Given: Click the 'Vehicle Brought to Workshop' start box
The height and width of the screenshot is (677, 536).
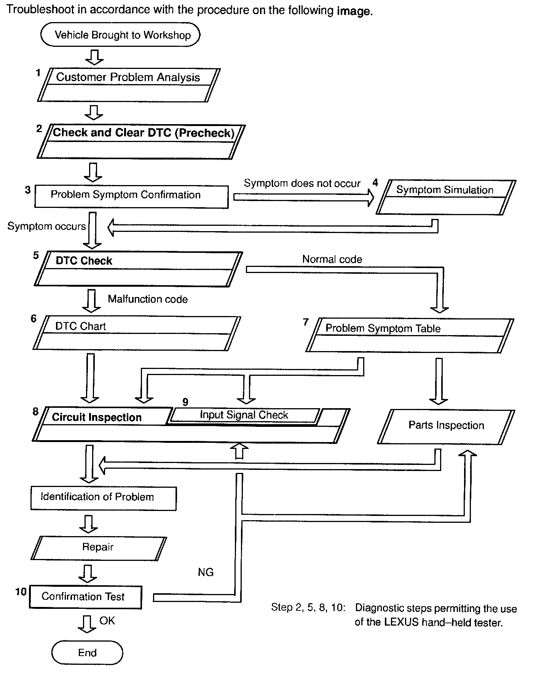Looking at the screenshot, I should pyautogui.click(x=120, y=35).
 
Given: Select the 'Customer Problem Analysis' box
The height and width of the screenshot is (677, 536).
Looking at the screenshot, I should pyautogui.click(x=128, y=85).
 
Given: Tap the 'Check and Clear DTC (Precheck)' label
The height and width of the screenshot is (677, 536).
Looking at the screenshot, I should pyautogui.click(x=144, y=133).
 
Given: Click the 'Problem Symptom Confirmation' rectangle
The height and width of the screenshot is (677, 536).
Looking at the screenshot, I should pyautogui.click(x=131, y=196).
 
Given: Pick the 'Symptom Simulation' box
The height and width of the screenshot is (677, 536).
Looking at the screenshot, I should pyautogui.click(x=445, y=197).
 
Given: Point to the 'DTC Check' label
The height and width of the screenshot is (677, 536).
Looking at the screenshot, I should pyautogui.click(x=84, y=261).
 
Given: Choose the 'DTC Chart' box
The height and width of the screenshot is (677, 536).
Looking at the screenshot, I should pyautogui.click(x=136, y=333).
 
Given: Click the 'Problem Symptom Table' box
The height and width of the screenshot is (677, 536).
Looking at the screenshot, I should pyautogui.click(x=410, y=335).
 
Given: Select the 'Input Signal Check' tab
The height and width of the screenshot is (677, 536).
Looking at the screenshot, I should pyautogui.click(x=244, y=415).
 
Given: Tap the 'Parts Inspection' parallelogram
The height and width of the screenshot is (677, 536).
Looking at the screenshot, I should pyautogui.click(x=446, y=426).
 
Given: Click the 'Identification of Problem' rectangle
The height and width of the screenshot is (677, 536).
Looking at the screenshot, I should pyautogui.click(x=103, y=498).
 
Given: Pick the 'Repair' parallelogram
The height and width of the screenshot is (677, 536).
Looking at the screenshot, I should pyautogui.click(x=98, y=548).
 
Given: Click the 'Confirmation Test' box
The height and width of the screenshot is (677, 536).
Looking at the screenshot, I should pyautogui.click(x=85, y=597).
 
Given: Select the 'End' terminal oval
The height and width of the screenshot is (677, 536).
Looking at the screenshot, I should pyautogui.click(x=87, y=653).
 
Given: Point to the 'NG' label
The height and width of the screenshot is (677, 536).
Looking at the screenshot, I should pyautogui.click(x=206, y=572).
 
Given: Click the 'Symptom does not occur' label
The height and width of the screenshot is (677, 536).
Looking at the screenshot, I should pyautogui.click(x=302, y=184).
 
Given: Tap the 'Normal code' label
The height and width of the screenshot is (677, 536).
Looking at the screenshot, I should pyautogui.click(x=332, y=259).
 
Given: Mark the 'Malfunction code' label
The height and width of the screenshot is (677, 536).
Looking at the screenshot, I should pyautogui.click(x=148, y=299).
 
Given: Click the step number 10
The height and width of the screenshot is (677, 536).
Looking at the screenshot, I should pyautogui.click(x=21, y=591).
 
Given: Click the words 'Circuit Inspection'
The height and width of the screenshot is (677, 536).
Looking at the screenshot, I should pyautogui.click(x=97, y=417).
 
